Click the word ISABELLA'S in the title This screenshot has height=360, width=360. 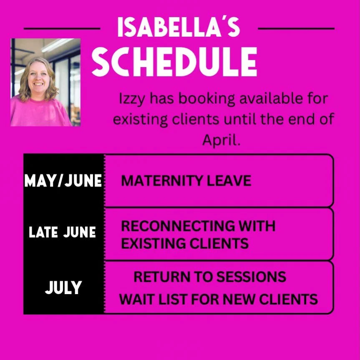[179, 28]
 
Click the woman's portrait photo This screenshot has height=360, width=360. [45, 82]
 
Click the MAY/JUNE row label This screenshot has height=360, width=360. [63, 181]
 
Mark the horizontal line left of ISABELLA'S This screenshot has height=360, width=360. [62, 29]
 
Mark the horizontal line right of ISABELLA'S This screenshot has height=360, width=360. [296, 29]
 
